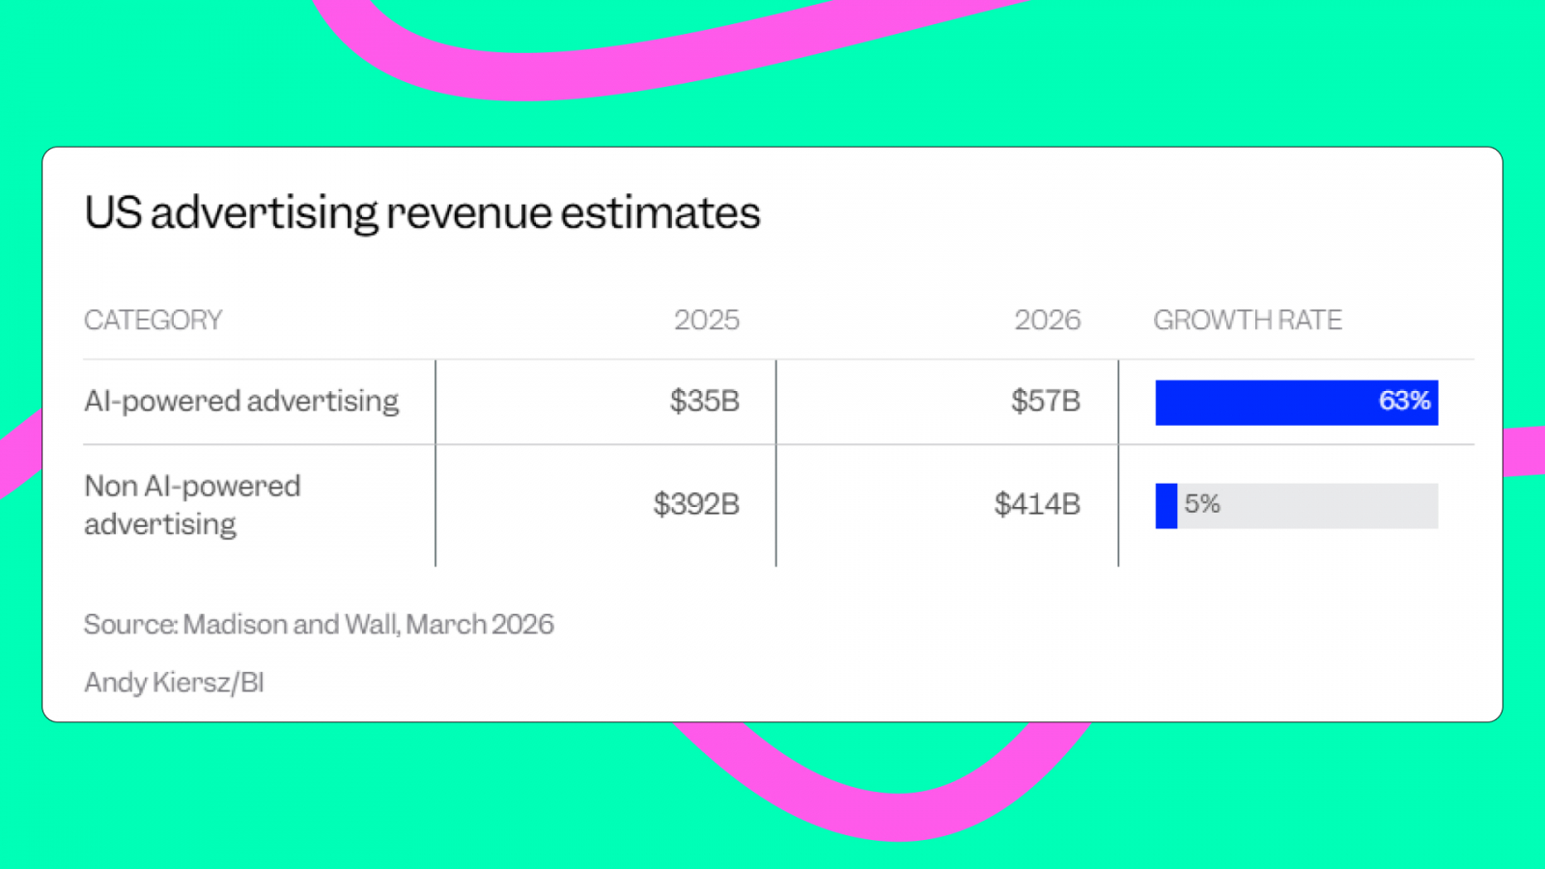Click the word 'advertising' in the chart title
click(x=265, y=213)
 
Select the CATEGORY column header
click(x=153, y=320)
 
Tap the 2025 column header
click(x=706, y=320)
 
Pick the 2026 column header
click(x=1047, y=320)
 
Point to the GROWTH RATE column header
click(x=1247, y=320)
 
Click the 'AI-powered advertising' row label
click(x=241, y=401)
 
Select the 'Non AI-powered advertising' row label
click(x=192, y=504)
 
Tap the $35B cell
click(x=704, y=401)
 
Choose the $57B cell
click(x=1045, y=401)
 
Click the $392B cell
click(x=695, y=504)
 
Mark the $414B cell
click(x=1036, y=504)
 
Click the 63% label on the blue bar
click(x=1404, y=401)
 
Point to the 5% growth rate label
click(x=1202, y=504)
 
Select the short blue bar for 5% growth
click(x=1166, y=505)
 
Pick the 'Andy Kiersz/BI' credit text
click(x=174, y=683)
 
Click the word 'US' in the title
click(x=113, y=213)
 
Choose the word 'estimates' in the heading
click(x=660, y=213)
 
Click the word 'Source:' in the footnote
click(x=130, y=625)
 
